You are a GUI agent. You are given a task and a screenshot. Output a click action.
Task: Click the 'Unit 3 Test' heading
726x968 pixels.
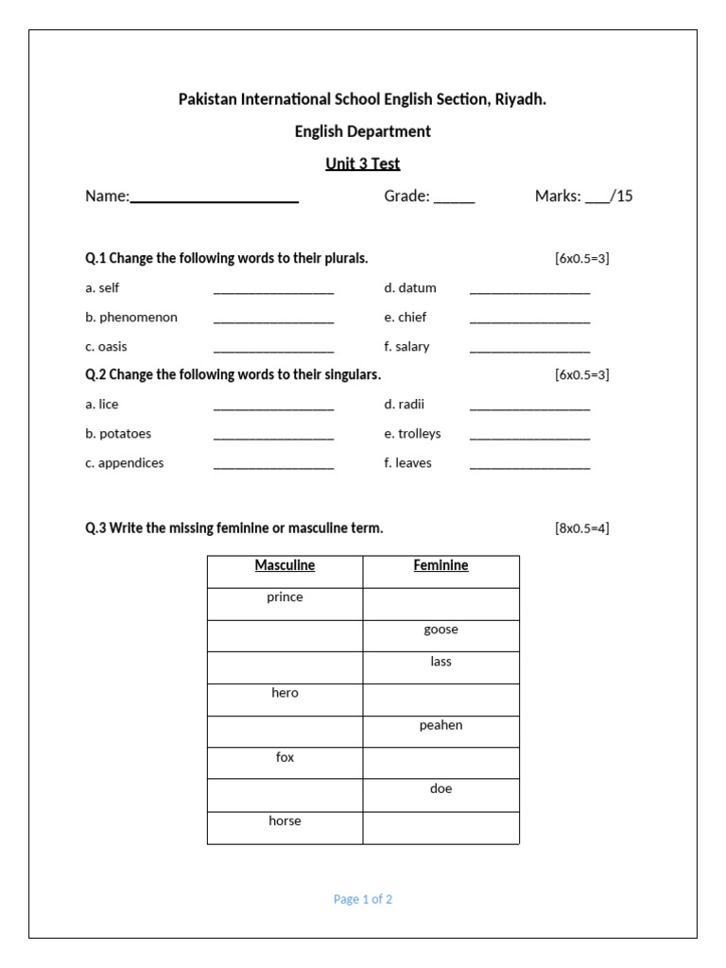363,164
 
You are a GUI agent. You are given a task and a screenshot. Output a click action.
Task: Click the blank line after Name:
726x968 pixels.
215,199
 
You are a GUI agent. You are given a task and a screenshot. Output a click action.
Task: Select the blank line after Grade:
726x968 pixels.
455,199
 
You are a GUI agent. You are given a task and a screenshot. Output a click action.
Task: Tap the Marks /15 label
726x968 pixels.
583,197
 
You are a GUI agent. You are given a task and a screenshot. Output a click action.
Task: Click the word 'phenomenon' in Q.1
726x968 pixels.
138,318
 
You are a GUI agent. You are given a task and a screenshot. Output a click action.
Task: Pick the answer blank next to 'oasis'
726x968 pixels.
273,349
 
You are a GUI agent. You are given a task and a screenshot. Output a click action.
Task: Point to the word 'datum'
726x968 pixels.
417,288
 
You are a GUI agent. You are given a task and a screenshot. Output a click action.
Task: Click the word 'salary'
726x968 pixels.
412,347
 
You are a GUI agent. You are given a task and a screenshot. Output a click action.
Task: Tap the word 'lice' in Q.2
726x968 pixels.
109,405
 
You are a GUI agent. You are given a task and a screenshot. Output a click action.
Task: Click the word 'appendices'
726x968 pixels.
130,463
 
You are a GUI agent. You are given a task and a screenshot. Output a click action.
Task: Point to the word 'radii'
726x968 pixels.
411,405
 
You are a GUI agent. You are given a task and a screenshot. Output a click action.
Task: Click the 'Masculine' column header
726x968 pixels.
285,566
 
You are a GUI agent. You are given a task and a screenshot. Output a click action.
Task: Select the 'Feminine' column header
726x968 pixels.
441,566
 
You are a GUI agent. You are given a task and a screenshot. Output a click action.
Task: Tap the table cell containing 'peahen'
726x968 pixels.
441,731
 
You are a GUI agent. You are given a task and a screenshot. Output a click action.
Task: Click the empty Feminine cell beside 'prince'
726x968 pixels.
441,603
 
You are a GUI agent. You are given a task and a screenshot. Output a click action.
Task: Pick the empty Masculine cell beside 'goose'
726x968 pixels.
285,635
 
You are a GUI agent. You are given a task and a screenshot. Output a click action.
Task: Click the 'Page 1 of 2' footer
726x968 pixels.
363,900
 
